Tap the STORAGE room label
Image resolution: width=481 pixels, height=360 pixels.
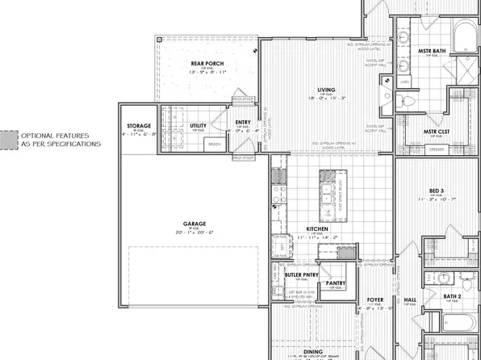coord(140,127)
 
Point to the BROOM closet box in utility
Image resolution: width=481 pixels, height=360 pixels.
coord(215,144)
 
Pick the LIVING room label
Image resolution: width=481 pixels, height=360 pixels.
coord(326,90)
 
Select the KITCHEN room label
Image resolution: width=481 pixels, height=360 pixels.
coord(316,228)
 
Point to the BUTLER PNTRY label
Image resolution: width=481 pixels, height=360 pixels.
coord(303,263)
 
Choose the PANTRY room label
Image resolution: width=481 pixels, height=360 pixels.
coord(335,283)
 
